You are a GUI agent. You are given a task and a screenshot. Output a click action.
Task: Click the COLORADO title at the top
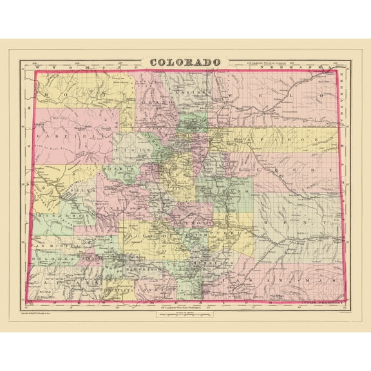185,62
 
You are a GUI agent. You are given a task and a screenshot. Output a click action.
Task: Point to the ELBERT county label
286,169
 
